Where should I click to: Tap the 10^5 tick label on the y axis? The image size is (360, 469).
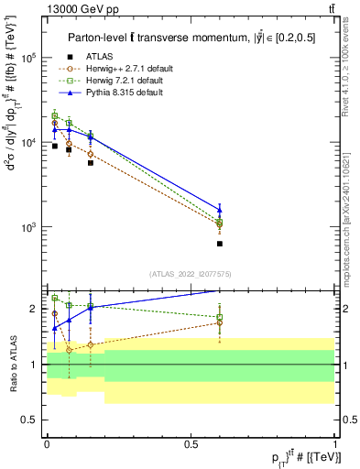[x=29, y=58]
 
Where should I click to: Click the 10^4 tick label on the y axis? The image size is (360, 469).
[x=29, y=143]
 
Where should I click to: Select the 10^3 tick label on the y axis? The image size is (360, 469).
[x=29, y=227]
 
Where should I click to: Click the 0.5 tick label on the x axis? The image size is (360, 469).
[x=191, y=443]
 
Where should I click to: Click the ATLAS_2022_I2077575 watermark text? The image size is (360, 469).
[x=191, y=273]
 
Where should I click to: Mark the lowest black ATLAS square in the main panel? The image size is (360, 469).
[x=220, y=244]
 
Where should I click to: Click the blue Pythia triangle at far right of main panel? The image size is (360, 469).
[x=220, y=210]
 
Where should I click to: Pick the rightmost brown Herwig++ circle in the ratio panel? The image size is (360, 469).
[x=220, y=322]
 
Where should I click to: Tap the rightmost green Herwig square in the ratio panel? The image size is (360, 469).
[x=220, y=317]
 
